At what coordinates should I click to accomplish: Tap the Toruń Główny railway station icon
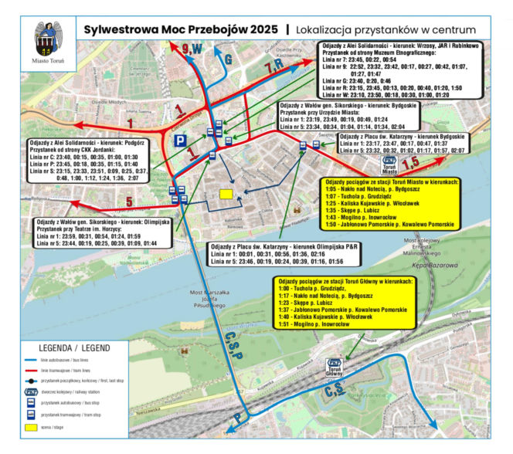tap(335, 364)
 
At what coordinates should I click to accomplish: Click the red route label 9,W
tap(191, 49)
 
